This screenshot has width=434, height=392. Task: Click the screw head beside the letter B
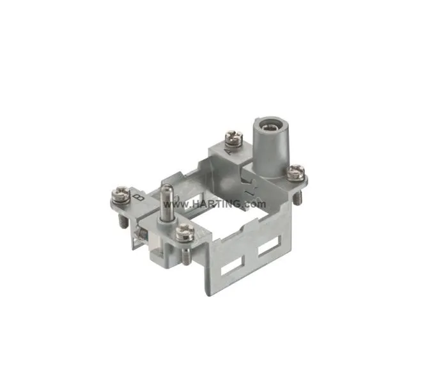tap(120, 192)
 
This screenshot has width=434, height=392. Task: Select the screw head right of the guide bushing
tap(295, 171)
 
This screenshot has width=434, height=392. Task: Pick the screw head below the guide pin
tap(183, 232)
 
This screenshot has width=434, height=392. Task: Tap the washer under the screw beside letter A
tap(229, 144)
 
